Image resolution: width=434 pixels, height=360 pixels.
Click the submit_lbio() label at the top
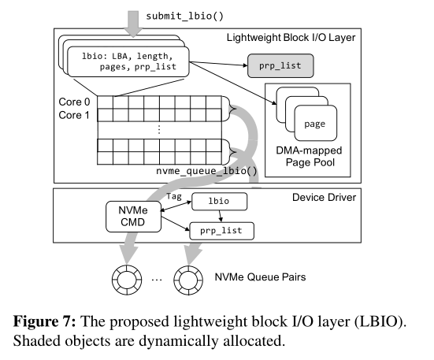point(184,16)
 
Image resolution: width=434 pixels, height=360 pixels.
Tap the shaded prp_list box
point(280,66)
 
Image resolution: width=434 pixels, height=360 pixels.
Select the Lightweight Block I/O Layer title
point(291,38)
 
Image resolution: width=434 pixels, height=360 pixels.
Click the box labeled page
point(316,124)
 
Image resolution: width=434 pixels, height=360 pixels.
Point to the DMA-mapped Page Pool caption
point(310,156)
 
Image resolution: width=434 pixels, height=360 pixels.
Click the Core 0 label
point(74,102)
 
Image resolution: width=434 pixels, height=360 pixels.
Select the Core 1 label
point(74,115)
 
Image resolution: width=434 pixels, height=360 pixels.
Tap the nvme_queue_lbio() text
point(206,171)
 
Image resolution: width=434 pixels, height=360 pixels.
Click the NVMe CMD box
point(133,217)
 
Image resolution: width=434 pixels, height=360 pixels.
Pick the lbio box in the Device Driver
point(219,202)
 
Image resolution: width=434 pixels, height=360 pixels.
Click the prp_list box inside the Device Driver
point(221,231)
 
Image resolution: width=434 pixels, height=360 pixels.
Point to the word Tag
point(174,196)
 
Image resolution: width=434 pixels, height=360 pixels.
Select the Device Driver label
point(324,197)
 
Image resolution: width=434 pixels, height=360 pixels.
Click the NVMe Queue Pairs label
point(260,277)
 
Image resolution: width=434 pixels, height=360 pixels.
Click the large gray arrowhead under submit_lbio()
point(133,32)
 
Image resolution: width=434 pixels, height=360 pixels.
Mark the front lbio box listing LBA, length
point(128,61)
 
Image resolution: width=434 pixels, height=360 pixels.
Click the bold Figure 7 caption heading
point(44,321)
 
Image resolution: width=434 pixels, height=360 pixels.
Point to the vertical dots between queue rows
point(159,129)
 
